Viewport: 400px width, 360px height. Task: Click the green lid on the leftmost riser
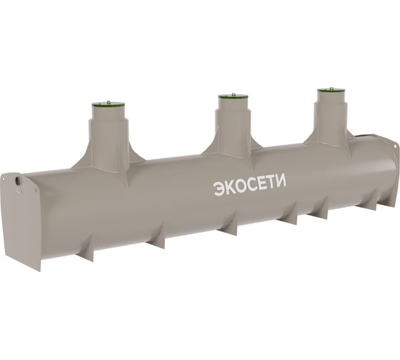(x=109, y=104)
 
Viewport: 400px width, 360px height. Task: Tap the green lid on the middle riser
(x=233, y=96)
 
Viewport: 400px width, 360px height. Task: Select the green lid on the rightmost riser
(x=331, y=91)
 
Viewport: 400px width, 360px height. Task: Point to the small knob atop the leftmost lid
(x=109, y=102)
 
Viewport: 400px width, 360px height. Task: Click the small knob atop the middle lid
(x=233, y=95)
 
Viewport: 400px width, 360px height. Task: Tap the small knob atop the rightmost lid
(x=331, y=89)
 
